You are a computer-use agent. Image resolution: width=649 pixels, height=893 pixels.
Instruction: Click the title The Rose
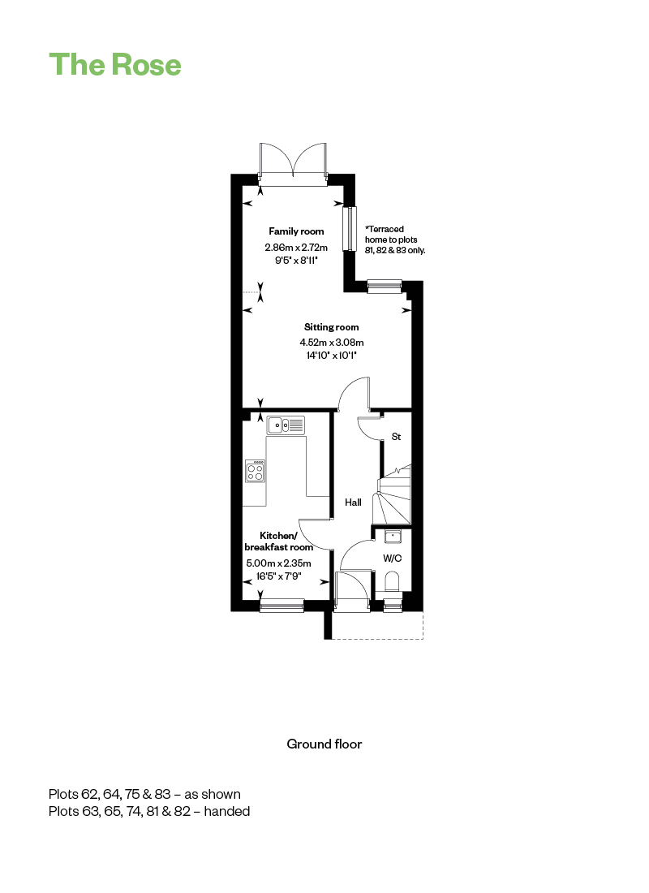click(115, 64)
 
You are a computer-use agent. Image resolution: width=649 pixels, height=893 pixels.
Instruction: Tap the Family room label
click(296, 231)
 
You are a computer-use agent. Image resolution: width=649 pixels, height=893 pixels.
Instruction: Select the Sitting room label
click(331, 327)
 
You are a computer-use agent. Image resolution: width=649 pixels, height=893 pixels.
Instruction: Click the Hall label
click(353, 503)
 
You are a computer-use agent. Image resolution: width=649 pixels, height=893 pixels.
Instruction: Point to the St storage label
click(396, 437)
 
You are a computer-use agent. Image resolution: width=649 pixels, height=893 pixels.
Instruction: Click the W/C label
click(393, 559)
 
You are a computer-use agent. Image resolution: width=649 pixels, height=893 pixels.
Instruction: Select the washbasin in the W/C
click(393, 537)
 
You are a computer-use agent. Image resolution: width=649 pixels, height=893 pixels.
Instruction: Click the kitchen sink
click(286, 425)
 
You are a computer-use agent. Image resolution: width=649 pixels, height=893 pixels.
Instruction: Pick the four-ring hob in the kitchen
click(255, 470)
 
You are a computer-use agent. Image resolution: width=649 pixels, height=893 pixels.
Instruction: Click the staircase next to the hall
click(392, 494)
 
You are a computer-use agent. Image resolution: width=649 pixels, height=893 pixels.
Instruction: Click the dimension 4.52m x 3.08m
click(332, 343)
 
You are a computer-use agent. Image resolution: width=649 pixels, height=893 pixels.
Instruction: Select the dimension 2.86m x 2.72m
click(296, 247)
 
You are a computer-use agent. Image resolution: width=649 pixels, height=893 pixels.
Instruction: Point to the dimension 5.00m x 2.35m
click(278, 563)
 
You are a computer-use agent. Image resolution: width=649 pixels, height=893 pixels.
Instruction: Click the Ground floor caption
click(324, 744)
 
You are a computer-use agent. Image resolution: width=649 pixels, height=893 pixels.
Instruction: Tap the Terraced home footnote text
click(395, 239)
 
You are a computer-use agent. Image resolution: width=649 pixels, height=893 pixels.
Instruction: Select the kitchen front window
click(282, 606)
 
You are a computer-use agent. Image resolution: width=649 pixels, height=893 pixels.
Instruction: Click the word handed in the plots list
click(226, 811)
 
